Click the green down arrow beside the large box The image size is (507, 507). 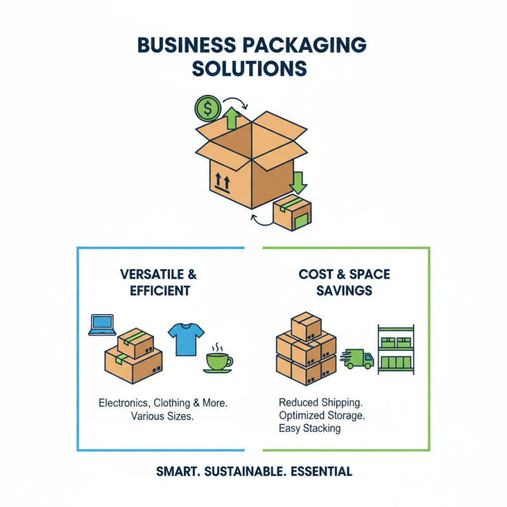click(x=297, y=181)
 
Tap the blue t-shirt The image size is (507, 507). click(x=186, y=338)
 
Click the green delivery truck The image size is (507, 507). click(x=358, y=358)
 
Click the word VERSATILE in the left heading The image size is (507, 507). click(x=151, y=275)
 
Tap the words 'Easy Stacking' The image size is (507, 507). click(x=309, y=428)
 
